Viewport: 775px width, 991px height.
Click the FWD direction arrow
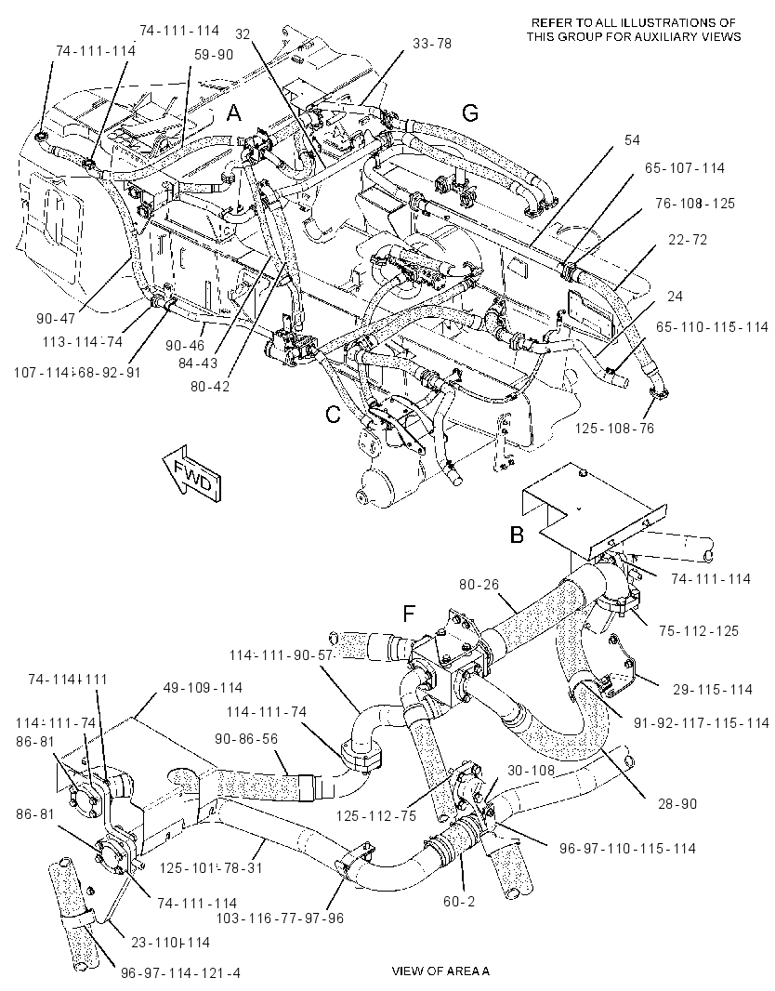point(192,474)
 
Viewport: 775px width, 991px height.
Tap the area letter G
point(470,113)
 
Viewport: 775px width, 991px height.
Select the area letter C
point(333,415)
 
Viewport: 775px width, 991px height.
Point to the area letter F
point(410,613)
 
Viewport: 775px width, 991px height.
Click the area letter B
point(517,535)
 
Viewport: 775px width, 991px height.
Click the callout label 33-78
point(432,45)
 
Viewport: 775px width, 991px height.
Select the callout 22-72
point(688,240)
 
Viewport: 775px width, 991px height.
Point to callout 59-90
point(214,55)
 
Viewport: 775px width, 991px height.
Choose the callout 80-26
point(479,585)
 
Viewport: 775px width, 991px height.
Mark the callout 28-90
point(677,803)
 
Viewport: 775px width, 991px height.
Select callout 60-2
point(459,901)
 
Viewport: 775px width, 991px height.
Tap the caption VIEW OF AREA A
point(440,971)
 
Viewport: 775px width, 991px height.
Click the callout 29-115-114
point(713,689)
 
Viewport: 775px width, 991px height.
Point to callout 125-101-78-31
point(210,867)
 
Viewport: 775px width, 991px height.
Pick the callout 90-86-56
point(256,738)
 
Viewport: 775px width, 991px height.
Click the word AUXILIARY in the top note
point(658,36)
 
